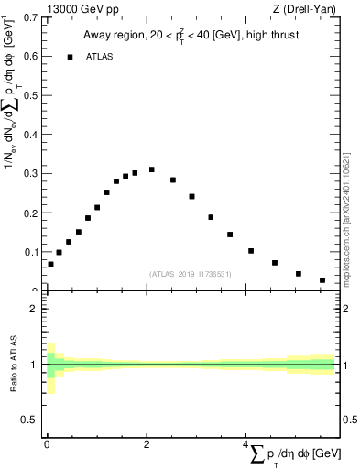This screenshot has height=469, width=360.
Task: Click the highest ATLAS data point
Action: coord(151,169)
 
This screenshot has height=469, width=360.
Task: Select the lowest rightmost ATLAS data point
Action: coord(322,280)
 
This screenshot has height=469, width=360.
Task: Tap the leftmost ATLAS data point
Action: coord(50,264)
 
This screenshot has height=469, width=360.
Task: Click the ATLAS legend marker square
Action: coord(70,57)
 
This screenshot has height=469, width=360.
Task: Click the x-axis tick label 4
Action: coord(245,444)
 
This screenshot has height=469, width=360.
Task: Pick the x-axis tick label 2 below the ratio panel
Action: coord(147,444)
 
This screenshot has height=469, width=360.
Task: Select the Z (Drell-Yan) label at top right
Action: coord(306,8)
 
